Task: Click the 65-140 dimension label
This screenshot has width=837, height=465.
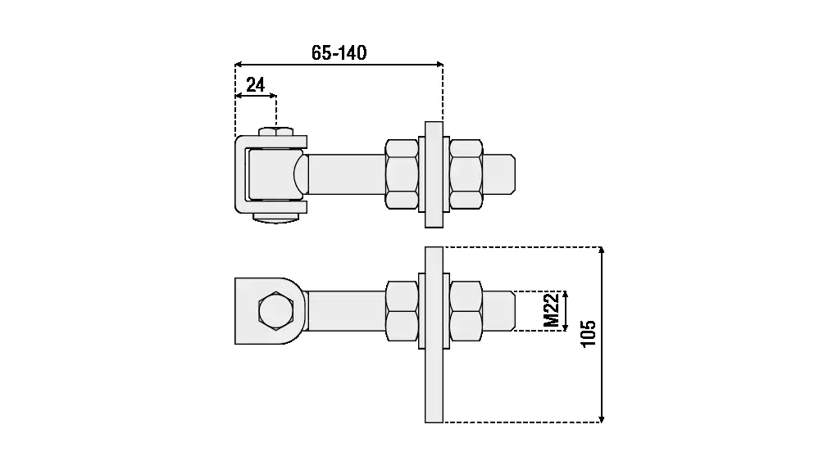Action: (x=339, y=52)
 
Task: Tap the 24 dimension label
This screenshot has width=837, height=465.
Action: (x=255, y=85)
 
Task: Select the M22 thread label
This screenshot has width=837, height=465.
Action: (x=552, y=310)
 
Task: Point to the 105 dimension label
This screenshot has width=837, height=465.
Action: (x=588, y=334)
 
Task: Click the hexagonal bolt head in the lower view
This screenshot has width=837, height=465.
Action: (x=275, y=310)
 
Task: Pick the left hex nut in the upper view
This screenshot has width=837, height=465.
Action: (x=402, y=174)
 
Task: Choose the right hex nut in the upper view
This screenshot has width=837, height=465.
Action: (x=466, y=174)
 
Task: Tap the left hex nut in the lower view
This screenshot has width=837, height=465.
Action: (x=402, y=311)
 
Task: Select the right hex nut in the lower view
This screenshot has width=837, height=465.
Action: (x=466, y=311)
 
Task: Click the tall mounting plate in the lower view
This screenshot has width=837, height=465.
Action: (x=434, y=335)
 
